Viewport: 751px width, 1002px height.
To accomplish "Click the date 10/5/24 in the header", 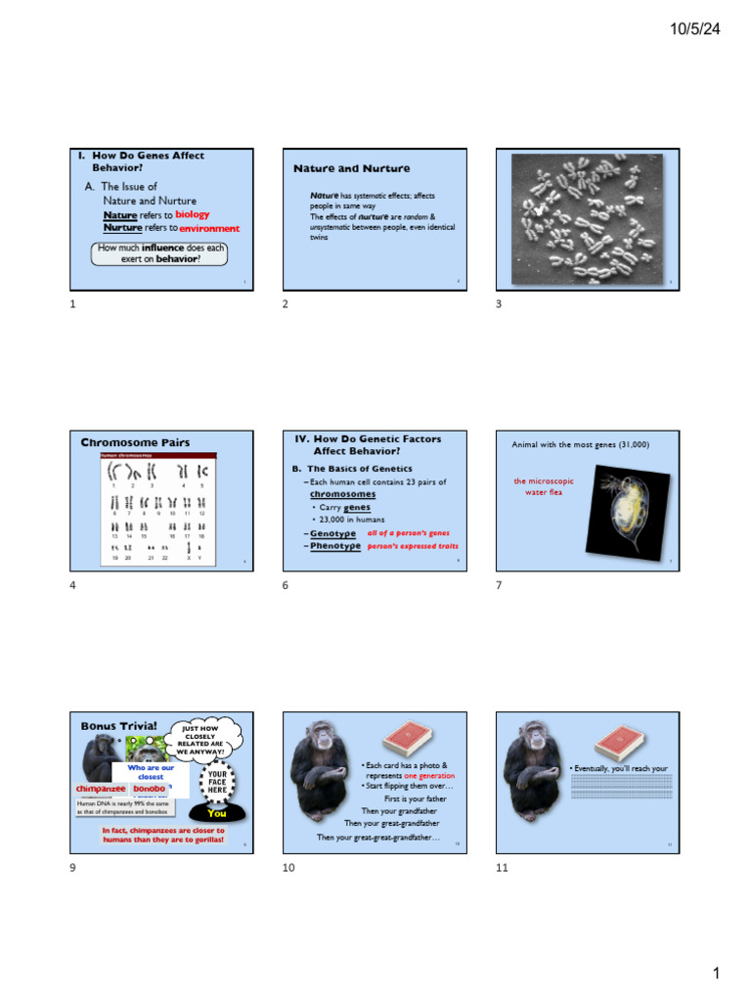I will point(694,30).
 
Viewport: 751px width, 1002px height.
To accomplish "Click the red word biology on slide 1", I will point(192,214).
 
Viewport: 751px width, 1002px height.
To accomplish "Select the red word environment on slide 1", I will point(209,228).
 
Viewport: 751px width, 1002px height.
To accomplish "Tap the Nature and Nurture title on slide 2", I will point(338,169).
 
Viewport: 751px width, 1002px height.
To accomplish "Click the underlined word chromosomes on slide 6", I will point(342,494).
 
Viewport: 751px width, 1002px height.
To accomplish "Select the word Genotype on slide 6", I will point(332,533).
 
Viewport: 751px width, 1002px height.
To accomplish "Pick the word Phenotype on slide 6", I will point(334,546).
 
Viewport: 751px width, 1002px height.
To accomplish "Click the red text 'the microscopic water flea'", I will point(544,486).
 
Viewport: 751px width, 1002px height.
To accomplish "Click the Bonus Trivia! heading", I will point(118,726).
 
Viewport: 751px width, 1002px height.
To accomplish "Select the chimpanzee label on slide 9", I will point(101,789).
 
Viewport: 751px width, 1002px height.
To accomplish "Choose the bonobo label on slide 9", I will point(149,789).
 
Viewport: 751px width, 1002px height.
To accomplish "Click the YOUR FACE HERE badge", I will point(217,782).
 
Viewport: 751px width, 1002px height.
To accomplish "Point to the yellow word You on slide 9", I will point(216,813).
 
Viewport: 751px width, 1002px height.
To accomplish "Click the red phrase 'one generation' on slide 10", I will point(429,775).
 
